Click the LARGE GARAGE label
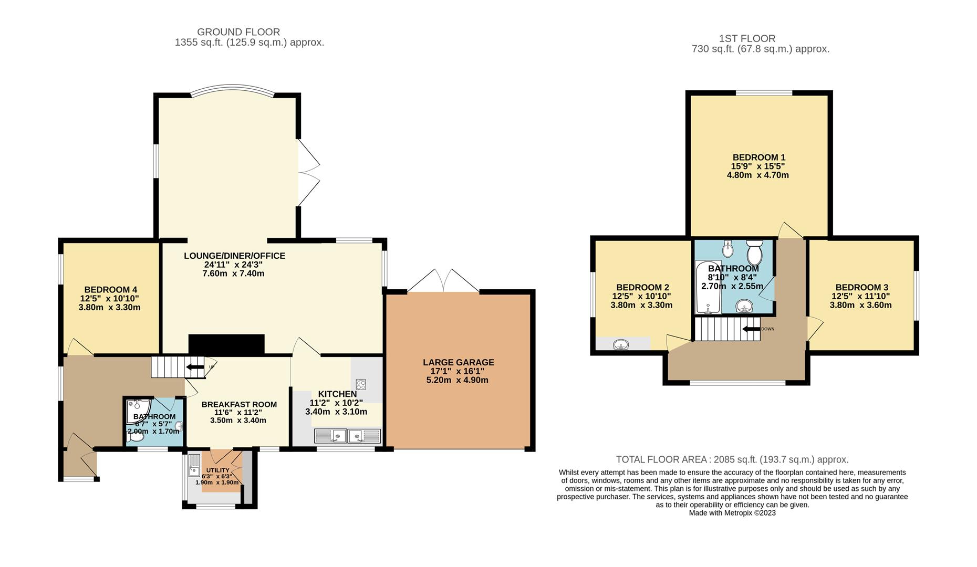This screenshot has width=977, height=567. pyautogui.click(x=459, y=362)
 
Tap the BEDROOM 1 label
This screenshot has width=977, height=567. pyautogui.click(x=759, y=157)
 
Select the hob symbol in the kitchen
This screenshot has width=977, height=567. pyautogui.click(x=361, y=384)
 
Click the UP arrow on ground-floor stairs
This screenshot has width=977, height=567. pyautogui.click(x=195, y=367)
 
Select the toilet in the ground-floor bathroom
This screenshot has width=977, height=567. pyautogui.click(x=136, y=436)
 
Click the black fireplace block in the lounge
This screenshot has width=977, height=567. pyautogui.click(x=226, y=344)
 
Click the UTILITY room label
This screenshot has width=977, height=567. pyautogui.click(x=217, y=470)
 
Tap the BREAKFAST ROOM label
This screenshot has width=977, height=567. pyautogui.click(x=239, y=404)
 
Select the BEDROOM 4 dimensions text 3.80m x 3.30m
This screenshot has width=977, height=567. pyautogui.click(x=109, y=308)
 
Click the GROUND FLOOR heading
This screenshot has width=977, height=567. pyautogui.click(x=238, y=32)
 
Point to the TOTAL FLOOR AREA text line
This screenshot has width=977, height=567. pyautogui.click(x=732, y=459)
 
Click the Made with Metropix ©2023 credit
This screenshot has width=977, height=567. pyautogui.click(x=732, y=513)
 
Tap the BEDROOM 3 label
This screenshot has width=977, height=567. pyautogui.click(x=861, y=287)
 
